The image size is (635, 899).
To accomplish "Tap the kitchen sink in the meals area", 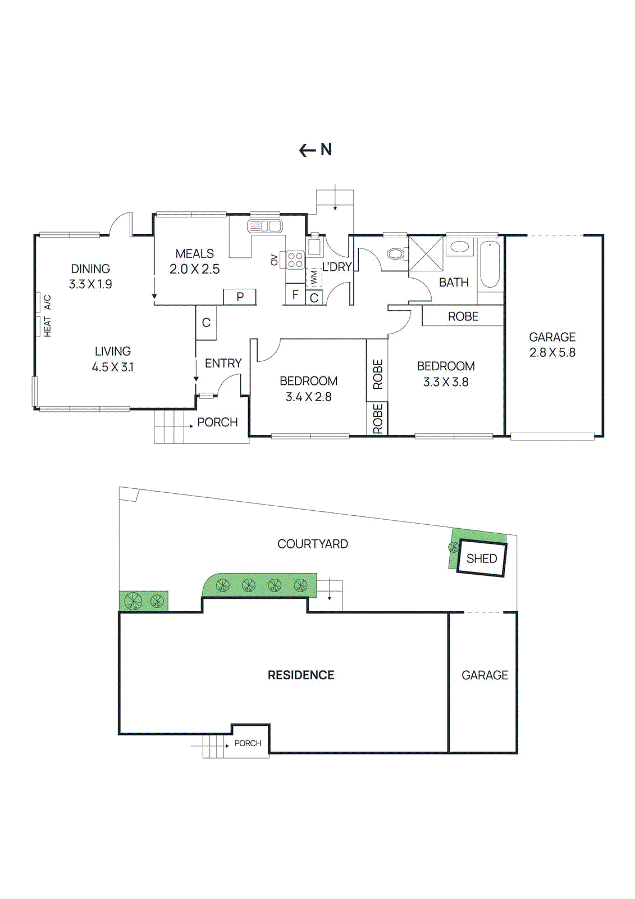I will tap(265, 226).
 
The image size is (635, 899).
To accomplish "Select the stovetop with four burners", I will tap(295, 260).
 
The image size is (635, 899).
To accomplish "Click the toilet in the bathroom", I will tap(396, 254).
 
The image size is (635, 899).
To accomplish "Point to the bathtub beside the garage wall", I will tap(490, 264).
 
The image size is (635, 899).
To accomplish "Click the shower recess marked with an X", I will tap(426, 254).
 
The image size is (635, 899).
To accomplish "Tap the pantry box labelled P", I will tap(240, 297).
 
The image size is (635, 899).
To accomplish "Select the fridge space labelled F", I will tap(295, 294).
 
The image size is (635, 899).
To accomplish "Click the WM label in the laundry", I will tap(314, 276).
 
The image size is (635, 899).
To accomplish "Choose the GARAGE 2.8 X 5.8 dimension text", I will tap(552, 352).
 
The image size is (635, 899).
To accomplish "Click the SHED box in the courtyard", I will tap(482, 558).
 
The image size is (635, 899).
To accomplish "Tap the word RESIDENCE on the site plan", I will tap(300, 675).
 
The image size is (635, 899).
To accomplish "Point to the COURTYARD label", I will tap(312, 544).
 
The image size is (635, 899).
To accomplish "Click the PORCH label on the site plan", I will tap(248, 743).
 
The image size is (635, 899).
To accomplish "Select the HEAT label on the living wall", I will tap(47, 326).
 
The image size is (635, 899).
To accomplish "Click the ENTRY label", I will tap(223, 364).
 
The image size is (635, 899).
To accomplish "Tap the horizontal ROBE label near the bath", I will tap(463, 316).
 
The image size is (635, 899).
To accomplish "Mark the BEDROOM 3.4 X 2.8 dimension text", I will tap(308, 397).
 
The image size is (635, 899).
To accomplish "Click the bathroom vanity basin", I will tap(460, 247).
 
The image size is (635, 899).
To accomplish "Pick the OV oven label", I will tap(274, 260).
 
